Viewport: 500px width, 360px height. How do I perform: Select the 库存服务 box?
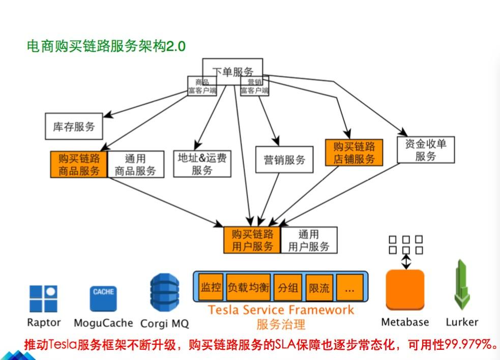point(74,127)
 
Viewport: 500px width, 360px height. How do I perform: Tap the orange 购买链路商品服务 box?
point(79,164)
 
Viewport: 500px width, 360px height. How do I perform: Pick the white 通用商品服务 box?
point(136,164)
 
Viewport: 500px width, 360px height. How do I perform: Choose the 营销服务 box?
point(284,160)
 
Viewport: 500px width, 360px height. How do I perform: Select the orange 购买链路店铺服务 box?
point(354,153)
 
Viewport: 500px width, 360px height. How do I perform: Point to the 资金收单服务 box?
point(425,149)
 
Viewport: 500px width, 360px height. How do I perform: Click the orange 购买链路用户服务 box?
point(252,240)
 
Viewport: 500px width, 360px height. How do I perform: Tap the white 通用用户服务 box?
point(309,240)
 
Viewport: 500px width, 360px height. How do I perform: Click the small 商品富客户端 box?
point(202,86)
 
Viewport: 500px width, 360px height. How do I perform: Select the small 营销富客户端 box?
point(254,86)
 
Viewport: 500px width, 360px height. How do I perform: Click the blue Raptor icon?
point(43,298)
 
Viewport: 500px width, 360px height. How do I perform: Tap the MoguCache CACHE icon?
point(103,298)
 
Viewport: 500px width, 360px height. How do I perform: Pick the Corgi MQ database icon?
point(164,294)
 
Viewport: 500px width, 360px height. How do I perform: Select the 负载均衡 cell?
point(248,287)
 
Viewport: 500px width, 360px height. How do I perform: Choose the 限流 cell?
point(319,288)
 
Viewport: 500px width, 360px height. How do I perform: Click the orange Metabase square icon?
point(405,290)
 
